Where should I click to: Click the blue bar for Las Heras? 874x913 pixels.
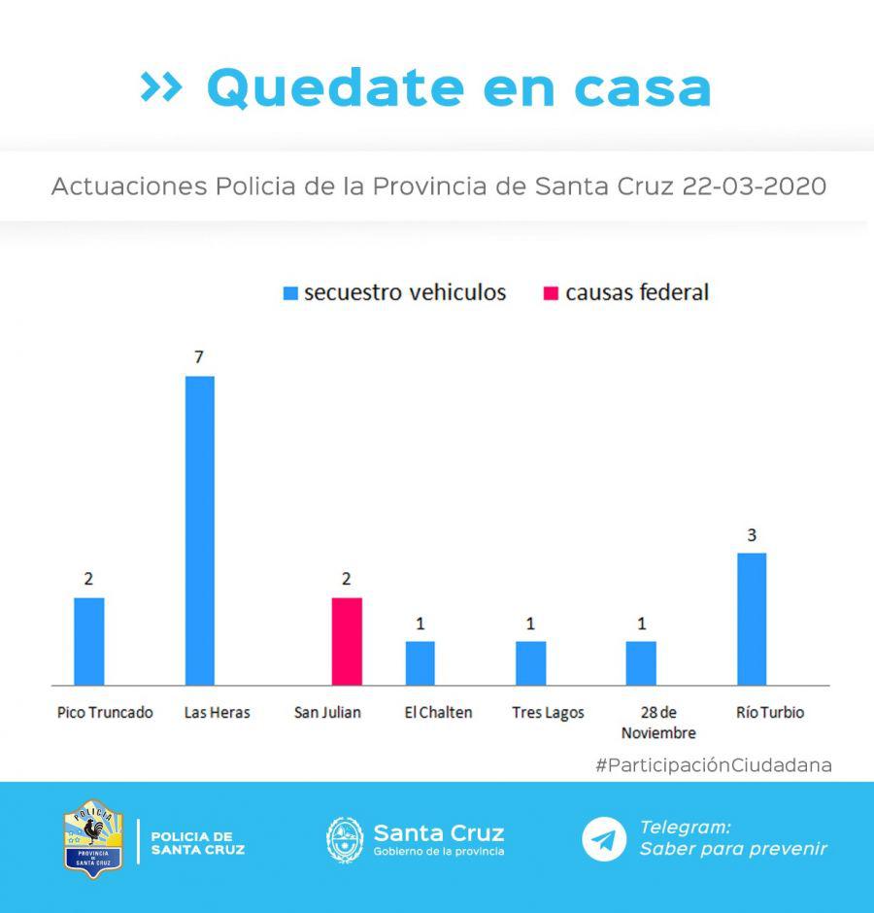click(x=199, y=530)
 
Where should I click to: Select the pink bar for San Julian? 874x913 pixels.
click(x=347, y=641)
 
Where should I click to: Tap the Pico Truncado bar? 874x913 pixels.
click(x=89, y=641)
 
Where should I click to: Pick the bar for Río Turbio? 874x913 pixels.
click(x=752, y=619)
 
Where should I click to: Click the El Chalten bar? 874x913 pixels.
click(x=420, y=662)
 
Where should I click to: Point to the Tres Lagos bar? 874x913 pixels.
click(x=531, y=662)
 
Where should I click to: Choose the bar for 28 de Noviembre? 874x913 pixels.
click(x=641, y=662)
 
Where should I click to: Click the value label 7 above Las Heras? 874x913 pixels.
click(x=199, y=357)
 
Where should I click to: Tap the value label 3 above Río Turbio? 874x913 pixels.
click(x=752, y=534)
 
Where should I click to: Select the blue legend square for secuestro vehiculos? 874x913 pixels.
click(x=289, y=293)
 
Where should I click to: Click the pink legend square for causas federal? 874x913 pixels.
click(x=551, y=293)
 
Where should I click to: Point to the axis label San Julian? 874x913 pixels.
click(x=327, y=713)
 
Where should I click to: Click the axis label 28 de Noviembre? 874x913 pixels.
click(x=658, y=723)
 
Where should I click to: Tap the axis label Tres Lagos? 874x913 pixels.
click(x=548, y=713)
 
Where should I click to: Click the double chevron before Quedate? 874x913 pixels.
click(x=161, y=87)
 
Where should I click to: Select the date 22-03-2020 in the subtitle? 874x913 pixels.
click(x=755, y=186)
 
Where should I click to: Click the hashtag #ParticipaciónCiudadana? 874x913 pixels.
click(x=714, y=765)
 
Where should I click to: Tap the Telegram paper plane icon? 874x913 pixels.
click(x=604, y=839)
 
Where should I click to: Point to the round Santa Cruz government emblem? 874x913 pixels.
click(x=345, y=839)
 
